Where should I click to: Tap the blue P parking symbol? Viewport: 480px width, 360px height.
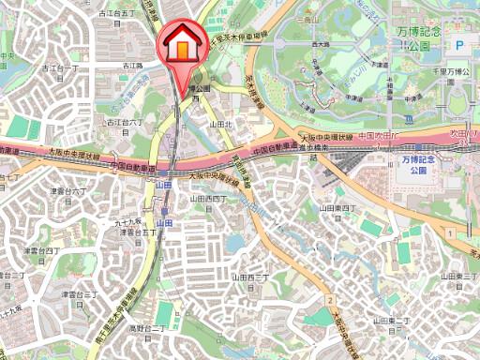(460, 44)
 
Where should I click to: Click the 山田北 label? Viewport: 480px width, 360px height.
(221, 123)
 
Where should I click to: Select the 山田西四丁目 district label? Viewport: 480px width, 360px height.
(208, 199)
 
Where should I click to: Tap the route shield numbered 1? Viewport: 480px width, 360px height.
(451, 232)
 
